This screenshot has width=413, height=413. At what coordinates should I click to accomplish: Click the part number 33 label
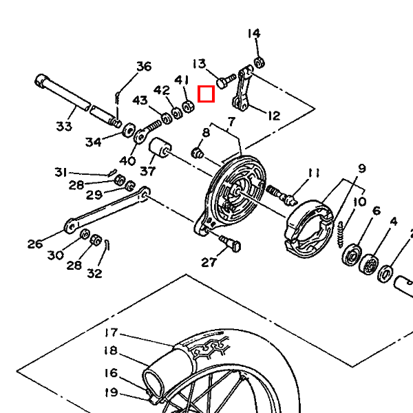tap(64, 126)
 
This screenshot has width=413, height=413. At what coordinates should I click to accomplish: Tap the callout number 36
tap(144, 66)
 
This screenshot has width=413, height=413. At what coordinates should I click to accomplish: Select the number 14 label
tap(254, 34)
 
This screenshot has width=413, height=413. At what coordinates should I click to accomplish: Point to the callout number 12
tap(274, 116)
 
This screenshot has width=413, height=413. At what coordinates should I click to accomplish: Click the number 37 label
tap(148, 171)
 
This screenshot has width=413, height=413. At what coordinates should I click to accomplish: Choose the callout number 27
tap(209, 262)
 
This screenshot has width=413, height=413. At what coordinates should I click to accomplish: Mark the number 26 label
tap(35, 244)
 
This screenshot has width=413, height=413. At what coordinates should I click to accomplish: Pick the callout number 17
tap(111, 332)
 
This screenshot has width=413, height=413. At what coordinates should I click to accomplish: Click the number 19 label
tap(111, 392)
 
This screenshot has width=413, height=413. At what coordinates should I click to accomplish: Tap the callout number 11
tap(314, 173)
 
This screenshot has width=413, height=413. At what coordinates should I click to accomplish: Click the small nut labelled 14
tap(260, 63)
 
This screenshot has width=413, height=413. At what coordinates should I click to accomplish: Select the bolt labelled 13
tap(226, 81)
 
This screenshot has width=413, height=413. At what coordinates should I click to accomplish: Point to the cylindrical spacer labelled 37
tap(160, 147)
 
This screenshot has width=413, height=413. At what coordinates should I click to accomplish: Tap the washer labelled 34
tap(129, 129)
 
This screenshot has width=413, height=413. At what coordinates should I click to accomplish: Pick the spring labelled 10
tap(341, 235)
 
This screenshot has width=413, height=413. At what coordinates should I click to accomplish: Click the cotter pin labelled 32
tap(107, 246)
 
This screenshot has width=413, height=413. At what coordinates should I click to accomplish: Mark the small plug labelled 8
tap(198, 153)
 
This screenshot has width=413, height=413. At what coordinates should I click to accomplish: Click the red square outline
tap(206, 94)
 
